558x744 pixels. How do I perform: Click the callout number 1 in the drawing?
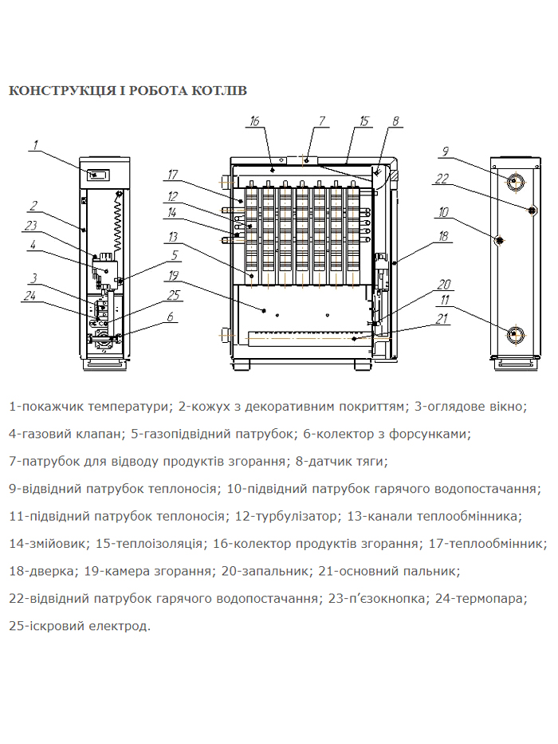[36, 145]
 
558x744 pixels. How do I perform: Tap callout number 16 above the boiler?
[254, 122]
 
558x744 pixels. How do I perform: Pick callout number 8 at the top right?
[395, 122]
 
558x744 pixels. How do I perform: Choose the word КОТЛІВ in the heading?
[219, 91]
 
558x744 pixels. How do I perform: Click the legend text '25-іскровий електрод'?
[79, 626]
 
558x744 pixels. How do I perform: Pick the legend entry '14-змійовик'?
[47, 544]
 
